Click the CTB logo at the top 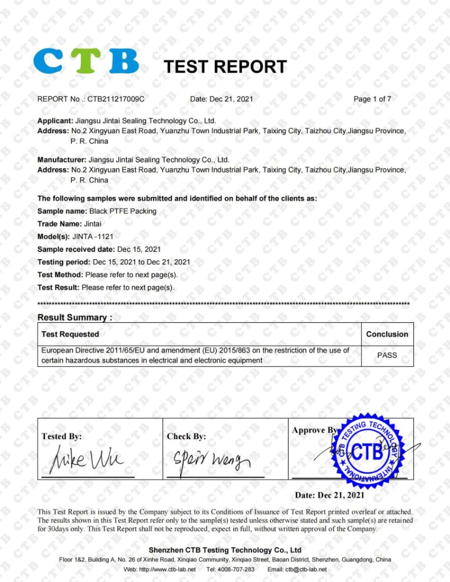point(85,61)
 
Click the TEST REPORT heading point(225,67)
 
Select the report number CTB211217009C point(116,99)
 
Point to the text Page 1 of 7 point(372,99)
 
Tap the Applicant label point(55,121)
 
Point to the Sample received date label point(76,249)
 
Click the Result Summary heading point(75,317)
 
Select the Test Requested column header point(70,334)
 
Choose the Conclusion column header point(387,334)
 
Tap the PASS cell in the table point(387,355)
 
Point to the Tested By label point(61,436)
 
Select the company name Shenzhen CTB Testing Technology point(225,550)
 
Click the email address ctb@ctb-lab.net point(305,569)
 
